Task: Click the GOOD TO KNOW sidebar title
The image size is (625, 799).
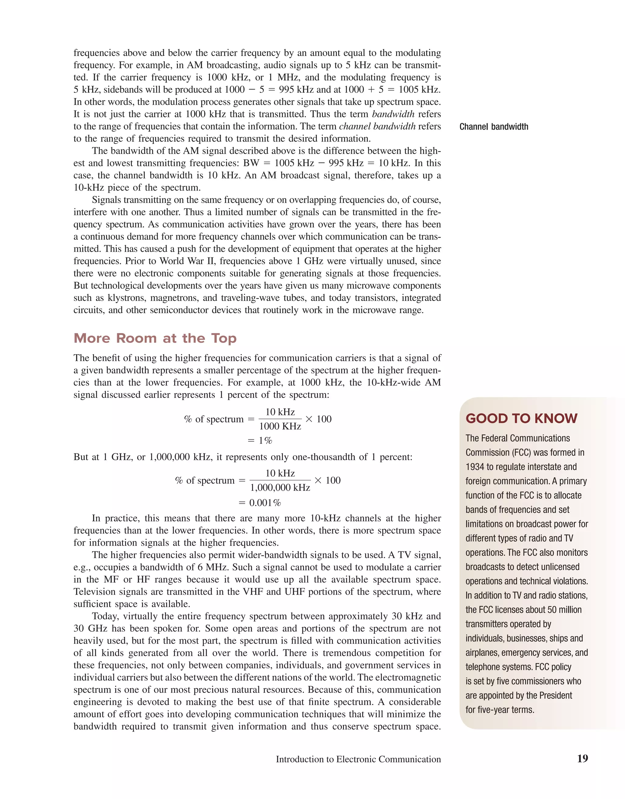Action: [x=521, y=418]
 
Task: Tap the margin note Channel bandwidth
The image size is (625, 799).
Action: [x=493, y=127]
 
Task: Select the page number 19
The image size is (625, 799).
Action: [x=582, y=758]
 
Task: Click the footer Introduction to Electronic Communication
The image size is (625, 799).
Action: [x=358, y=759]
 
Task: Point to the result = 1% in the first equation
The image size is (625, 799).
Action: [x=260, y=440]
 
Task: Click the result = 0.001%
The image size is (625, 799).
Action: [x=260, y=503]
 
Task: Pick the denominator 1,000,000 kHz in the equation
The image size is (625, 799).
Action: [x=280, y=488]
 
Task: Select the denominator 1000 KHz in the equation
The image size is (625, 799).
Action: [x=280, y=426]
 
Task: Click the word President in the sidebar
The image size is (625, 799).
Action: [x=554, y=696]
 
